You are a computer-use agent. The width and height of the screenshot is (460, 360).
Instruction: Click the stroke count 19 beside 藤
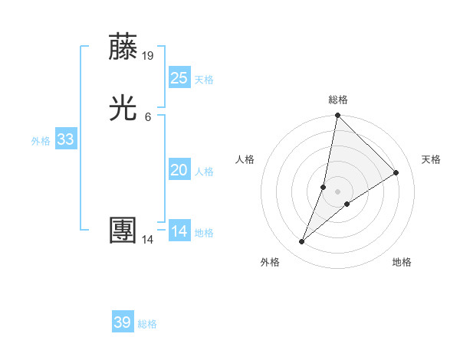(x=148, y=55)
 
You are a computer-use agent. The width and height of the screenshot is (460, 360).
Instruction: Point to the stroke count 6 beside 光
(x=148, y=116)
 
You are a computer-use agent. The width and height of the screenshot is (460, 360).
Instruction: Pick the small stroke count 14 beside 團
(x=148, y=240)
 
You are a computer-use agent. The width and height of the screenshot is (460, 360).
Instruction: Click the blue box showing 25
(x=179, y=77)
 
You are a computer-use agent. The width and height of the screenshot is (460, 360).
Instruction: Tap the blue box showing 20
(x=179, y=170)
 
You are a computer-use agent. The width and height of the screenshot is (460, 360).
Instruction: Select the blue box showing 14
(x=179, y=231)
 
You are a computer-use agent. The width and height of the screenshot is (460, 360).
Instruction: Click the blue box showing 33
(x=65, y=139)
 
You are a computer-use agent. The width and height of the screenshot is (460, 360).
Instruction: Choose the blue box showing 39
(x=123, y=322)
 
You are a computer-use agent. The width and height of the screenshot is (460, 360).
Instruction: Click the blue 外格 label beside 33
(x=41, y=141)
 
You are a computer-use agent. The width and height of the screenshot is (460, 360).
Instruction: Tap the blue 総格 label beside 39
(x=147, y=324)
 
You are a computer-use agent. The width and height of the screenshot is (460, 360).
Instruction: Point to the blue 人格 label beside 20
(x=204, y=172)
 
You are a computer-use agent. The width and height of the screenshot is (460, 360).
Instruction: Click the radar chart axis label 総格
(x=338, y=100)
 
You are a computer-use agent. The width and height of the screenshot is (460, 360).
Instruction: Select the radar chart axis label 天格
(x=431, y=159)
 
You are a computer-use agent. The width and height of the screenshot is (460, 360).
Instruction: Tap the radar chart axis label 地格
(x=402, y=262)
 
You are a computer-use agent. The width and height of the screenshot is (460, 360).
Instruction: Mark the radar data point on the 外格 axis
(x=302, y=242)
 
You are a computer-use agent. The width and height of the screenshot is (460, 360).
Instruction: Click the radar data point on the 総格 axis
(x=337, y=116)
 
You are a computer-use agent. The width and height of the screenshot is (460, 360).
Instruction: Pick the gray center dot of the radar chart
(x=337, y=191)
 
